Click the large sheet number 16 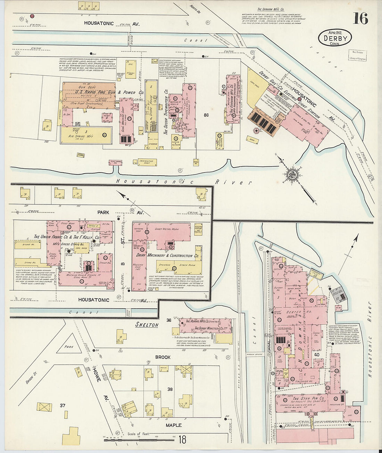(360, 18)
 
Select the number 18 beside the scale (182, 440)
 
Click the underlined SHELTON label (147, 325)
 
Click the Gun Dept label (87, 87)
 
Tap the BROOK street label (163, 357)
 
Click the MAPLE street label (173, 425)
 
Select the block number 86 (206, 115)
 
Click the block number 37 (63, 405)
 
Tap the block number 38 (170, 389)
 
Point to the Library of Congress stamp (357, 55)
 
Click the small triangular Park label (68, 346)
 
